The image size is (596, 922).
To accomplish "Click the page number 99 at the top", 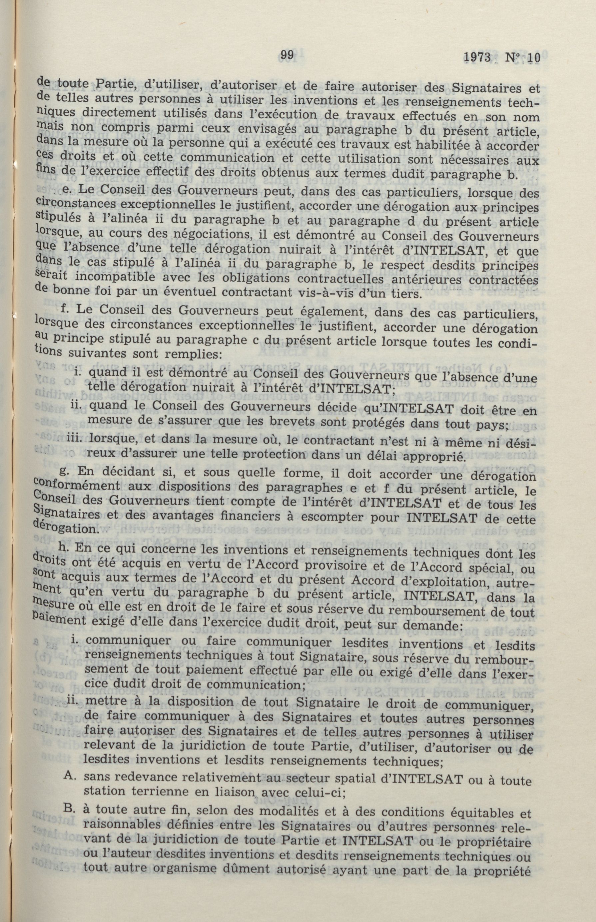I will [287, 55].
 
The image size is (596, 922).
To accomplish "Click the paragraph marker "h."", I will [63, 547].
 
